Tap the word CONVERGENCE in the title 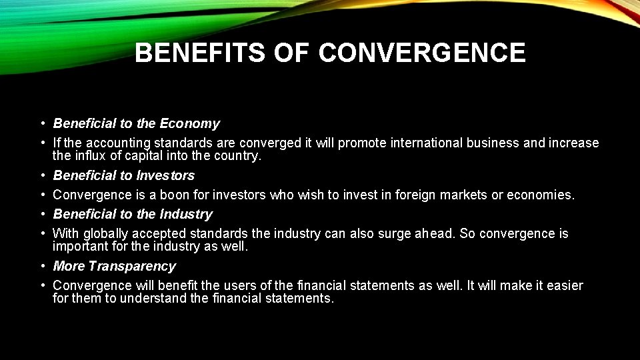[x=422, y=53]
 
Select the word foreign [x=417, y=195]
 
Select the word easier [x=564, y=286]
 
